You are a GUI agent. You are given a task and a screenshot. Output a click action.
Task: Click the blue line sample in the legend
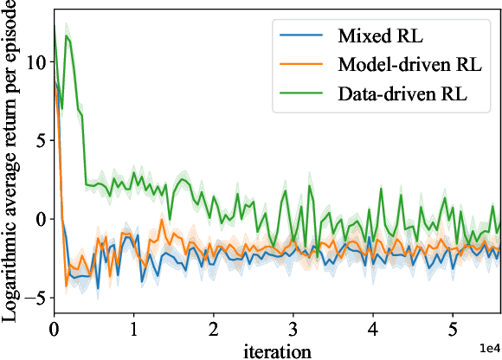click(x=299, y=37)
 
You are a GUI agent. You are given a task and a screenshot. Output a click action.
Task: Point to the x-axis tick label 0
click(x=54, y=330)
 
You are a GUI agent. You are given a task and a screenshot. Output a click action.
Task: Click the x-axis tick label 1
click(x=133, y=330)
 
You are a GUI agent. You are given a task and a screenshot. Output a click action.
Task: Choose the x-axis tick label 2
click(x=213, y=330)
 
